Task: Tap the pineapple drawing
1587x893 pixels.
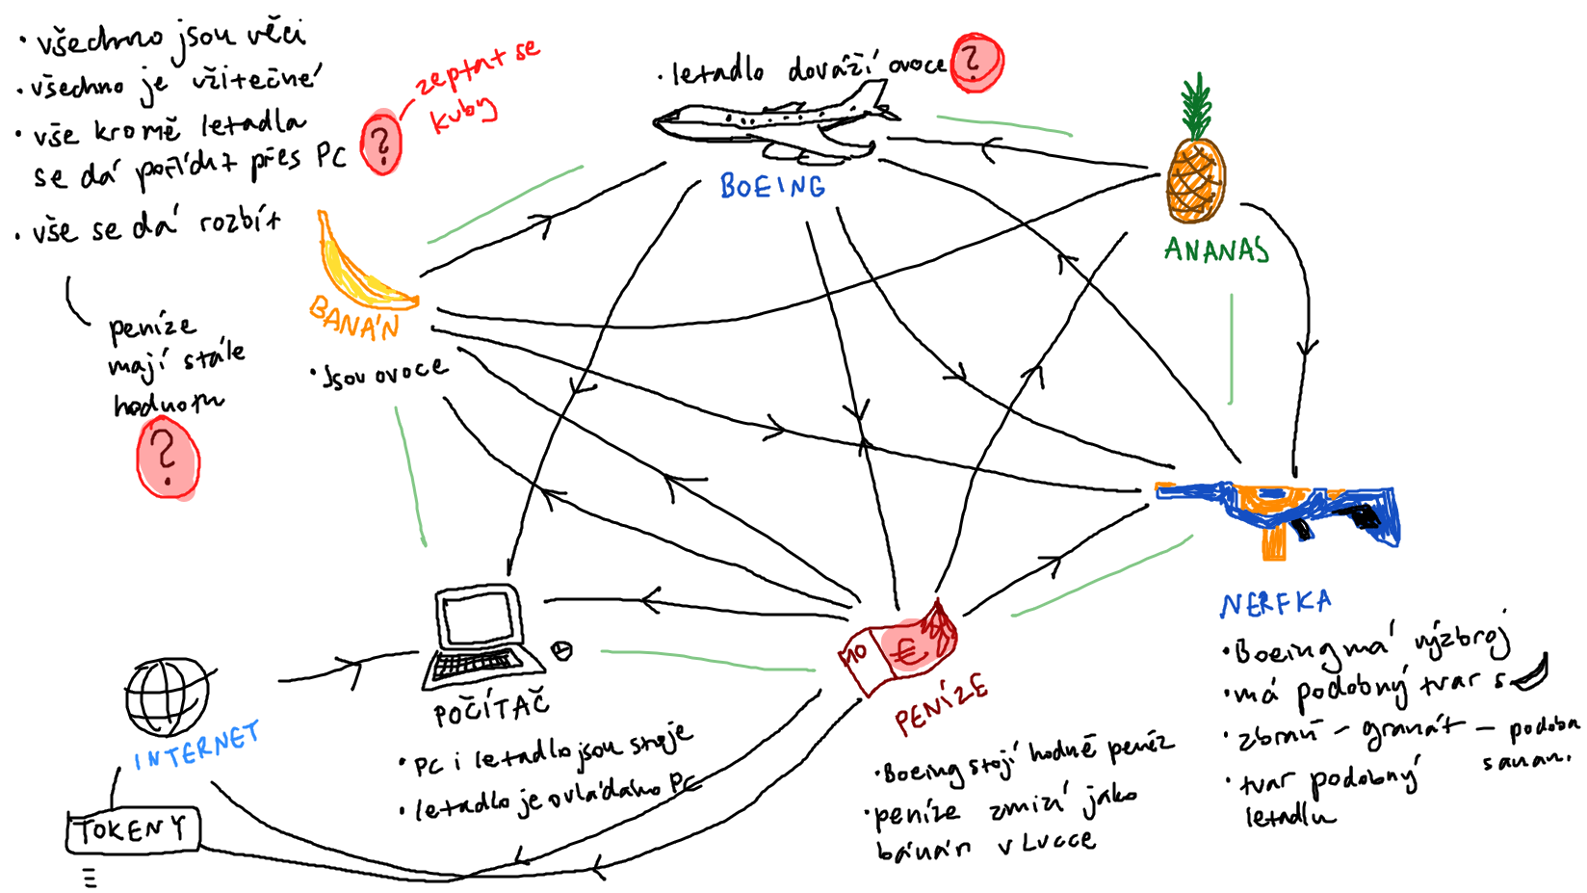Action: pos(1195,173)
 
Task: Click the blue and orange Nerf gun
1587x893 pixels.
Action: pos(1281,511)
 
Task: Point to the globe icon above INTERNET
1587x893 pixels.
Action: pos(168,696)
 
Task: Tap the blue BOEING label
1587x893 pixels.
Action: pos(772,186)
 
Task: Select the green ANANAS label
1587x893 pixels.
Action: pos(1216,250)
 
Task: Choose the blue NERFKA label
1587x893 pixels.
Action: pos(1276,604)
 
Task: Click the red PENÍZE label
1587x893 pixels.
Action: pos(941,704)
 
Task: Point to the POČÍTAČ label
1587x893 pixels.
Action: pos(491,711)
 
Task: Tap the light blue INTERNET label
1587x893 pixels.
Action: pos(197,747)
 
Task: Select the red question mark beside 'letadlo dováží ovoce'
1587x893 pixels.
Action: pos(976,62)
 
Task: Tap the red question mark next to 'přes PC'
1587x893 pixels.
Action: pos(381,144)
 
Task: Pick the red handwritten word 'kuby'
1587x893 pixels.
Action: pos(463,114)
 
